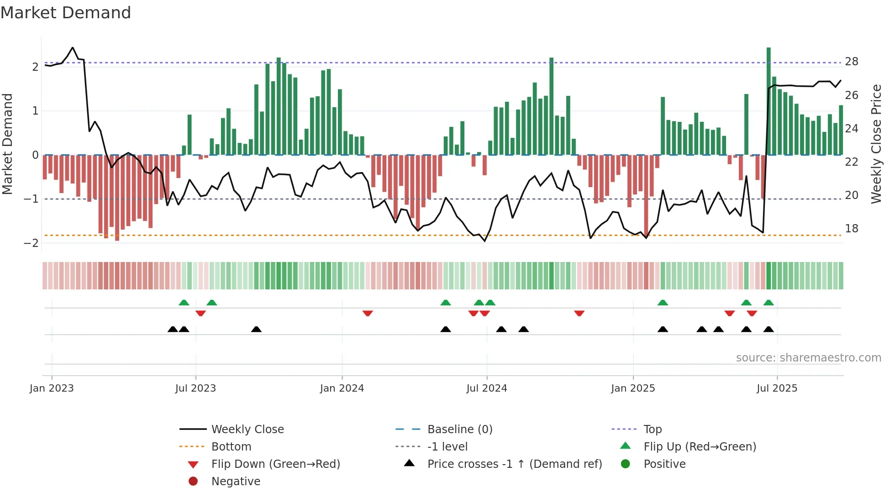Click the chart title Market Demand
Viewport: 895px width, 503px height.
pos(66,13)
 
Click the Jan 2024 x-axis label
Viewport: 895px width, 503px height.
pos(342,388)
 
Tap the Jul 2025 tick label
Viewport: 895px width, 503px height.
pos(777,388)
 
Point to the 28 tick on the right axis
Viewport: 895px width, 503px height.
pos(851,62)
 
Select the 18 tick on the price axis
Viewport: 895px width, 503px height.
pos(851,229)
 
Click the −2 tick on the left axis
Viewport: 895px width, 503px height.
pos(32,243)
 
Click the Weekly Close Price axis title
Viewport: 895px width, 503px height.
pos(876,144)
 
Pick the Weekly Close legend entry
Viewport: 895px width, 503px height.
pos(247,430)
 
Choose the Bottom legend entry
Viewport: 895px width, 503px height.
pos(231,447)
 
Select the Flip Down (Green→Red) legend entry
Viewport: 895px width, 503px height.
pos(275,464)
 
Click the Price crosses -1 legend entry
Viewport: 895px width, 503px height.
pos(514,464)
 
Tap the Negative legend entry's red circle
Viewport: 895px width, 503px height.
pos(193,482)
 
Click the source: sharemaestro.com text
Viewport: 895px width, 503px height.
pos(808,358)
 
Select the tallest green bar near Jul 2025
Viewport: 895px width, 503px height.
pos(769,100)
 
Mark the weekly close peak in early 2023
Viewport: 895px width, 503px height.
pos(73,47)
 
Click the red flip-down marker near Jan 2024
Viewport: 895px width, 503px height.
pos(368,313)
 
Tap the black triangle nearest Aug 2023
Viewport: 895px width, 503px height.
pos(256,329)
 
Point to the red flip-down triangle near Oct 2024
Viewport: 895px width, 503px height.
pos(579,313)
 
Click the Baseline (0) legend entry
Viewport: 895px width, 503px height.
pos(459,430)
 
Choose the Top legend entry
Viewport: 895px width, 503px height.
pos(652,430)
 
